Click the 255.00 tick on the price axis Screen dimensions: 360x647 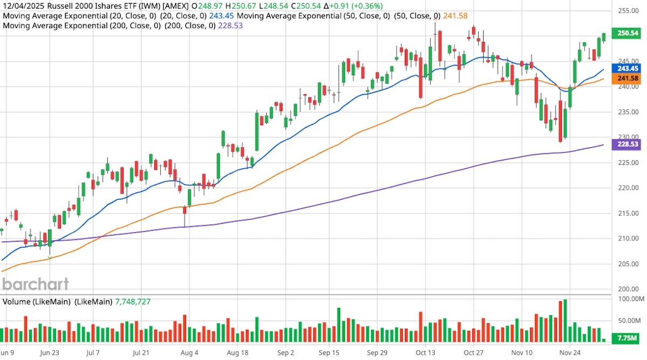click(628, 11)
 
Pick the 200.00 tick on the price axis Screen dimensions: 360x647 click(628, 289)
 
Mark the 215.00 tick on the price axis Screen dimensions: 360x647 click(628, 213)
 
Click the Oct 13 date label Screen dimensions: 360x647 click(425, 353)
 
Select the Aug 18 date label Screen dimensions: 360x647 click(237, 353)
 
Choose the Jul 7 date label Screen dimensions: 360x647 click(95, 353)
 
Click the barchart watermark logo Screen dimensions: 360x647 click(36, 284)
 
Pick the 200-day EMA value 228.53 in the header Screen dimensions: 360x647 click(230, 25)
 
